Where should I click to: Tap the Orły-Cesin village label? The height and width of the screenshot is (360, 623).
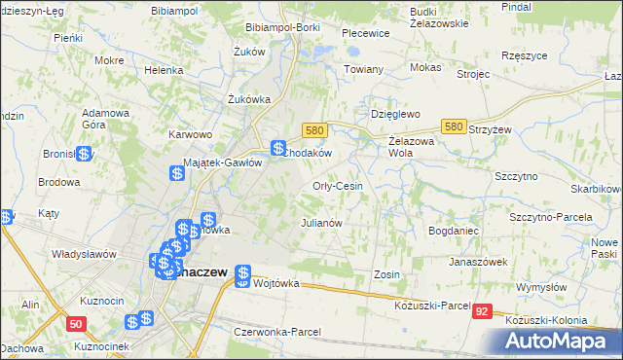click(338, 186)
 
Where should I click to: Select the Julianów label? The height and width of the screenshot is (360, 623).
click(321, 223)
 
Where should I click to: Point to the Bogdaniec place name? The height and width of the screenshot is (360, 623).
click(452, 231)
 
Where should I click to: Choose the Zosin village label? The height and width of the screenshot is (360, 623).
click(386, 275)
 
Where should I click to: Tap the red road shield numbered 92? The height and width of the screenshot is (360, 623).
click(484, 311)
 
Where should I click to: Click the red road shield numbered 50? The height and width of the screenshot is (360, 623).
click(75, 322)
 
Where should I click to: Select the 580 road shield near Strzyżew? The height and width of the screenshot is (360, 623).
click(453, 126)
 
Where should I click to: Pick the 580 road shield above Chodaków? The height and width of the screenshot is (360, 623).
click(312, 129)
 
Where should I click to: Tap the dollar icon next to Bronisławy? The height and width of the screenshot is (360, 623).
click(85, 154)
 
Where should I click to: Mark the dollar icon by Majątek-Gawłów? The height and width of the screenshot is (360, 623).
click(177, 174)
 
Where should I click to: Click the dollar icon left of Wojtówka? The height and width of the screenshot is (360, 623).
click(242, 276)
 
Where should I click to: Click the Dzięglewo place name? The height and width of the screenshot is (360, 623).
click(394, 114)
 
